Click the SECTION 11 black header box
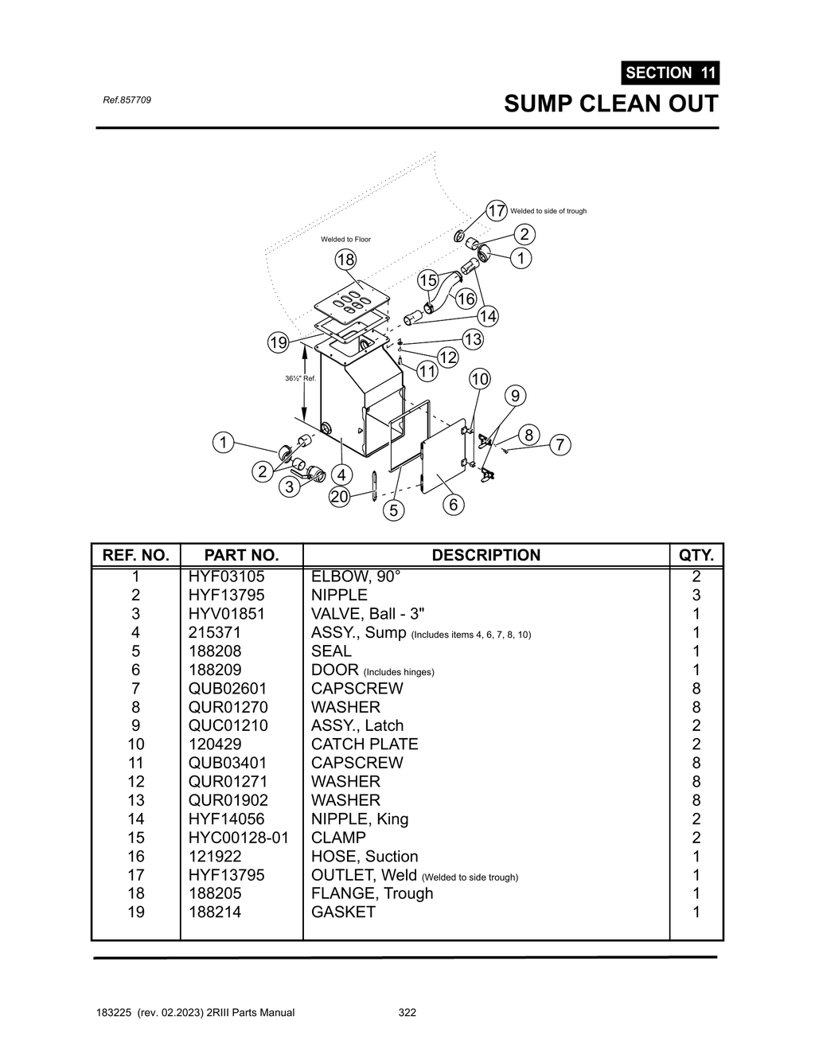click(670, 72)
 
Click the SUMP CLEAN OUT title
click(610, 104)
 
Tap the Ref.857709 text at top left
click(127, 100)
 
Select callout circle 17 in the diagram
click(497, 210)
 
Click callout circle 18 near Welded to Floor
click(345, 260)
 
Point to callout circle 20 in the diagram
click(340, 497)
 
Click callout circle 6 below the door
click(453, 504)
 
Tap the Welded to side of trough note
click(548, 211)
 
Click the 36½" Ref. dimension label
click(300, 378)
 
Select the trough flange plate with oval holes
click(351, 302)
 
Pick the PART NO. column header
click(241, 555)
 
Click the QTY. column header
click(696, 555)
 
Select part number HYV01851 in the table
click(227, 614)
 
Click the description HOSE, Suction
click(365, 856)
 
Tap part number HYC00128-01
click(238, 838)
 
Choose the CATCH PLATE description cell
click(365, 744)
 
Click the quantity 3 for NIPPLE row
click(696, 596)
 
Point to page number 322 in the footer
click(407, 1013)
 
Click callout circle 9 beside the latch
click(515, 396)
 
